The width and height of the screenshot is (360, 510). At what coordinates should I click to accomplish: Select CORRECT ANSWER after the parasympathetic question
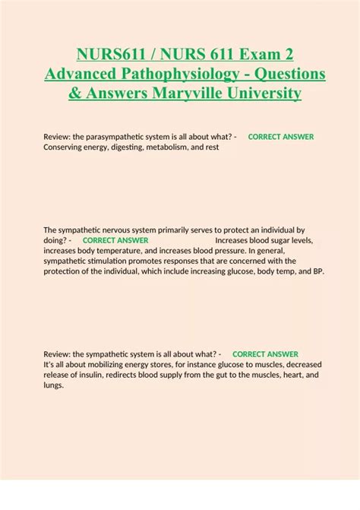pyautogui.click(x=281, y=137)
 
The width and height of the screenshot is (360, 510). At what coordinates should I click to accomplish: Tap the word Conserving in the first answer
pyautogui.click(x=65, y=147)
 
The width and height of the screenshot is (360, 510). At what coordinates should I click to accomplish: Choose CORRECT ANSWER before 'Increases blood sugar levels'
pyautogui.click(x=115, y=240)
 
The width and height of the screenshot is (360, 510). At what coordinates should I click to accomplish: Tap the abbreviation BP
pyautogui.click(x=317, y=271)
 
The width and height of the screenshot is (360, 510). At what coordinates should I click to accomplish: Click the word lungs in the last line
pyautogui.click(x=53, y=385)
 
